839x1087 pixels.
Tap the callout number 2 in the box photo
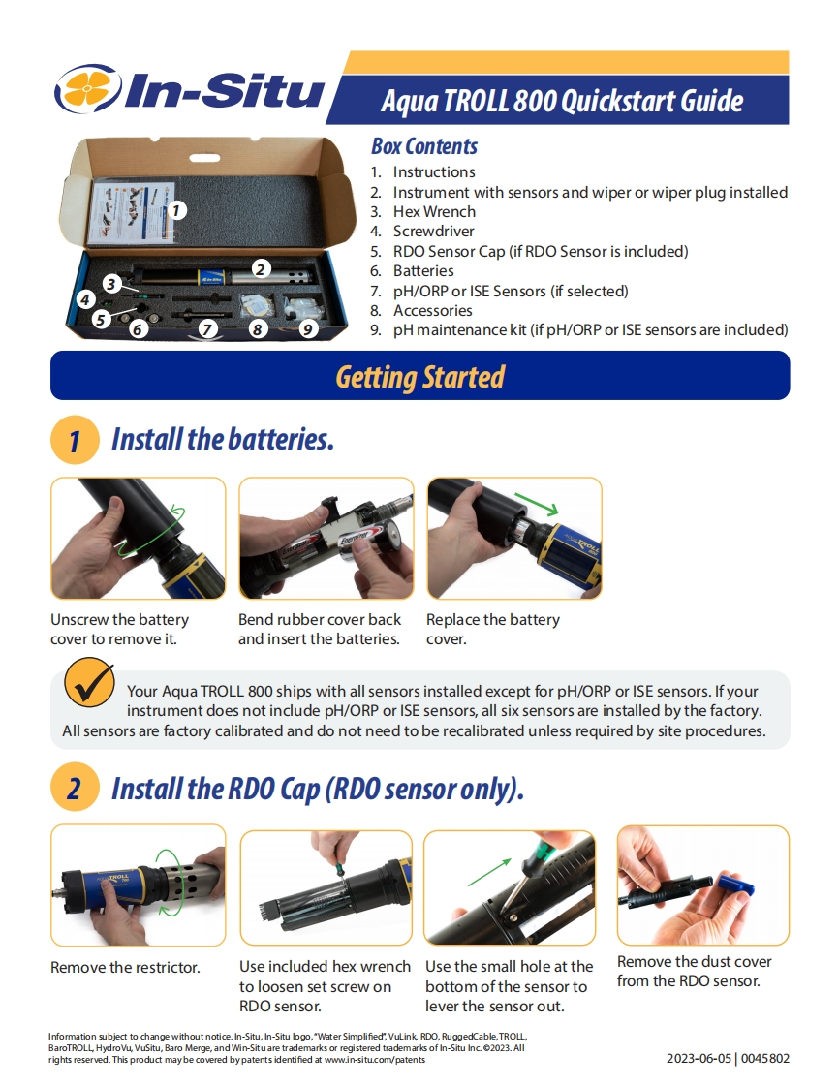point(260,269)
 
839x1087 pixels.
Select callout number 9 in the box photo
point(308,328)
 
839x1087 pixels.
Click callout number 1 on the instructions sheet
point(177,210)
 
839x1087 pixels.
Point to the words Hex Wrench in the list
point(434,211)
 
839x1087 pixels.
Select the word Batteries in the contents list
point(423,270)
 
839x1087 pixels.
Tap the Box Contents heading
point(424,146)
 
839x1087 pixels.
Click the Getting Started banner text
point(420,377)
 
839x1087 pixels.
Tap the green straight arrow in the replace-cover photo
point(536,504)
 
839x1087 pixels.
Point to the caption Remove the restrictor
point(125,967)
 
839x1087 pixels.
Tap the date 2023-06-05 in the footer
point(699,1059)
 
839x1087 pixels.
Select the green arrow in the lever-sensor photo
point(489,872)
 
